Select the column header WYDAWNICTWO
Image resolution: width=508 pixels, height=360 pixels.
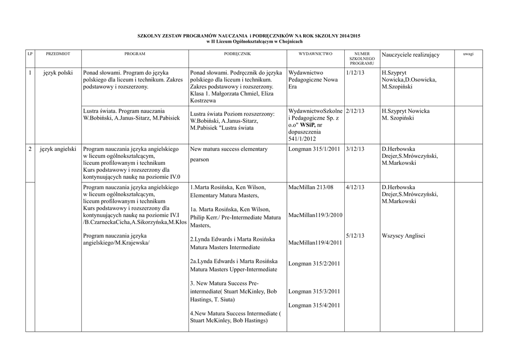tap(316, 53)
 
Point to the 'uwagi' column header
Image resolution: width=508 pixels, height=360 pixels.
tap(468, 53)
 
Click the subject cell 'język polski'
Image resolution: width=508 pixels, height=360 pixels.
tap(58, 73)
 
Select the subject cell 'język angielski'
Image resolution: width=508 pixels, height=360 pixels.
tap(58, 149)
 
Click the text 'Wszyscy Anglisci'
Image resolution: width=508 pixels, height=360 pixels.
tap(403, 235)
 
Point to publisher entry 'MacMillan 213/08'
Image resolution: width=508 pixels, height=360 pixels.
tap(311, 187)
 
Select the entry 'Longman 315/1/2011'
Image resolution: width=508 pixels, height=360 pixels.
tap(314, 149)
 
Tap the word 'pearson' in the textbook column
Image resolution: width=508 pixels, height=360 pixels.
tap(199, 160)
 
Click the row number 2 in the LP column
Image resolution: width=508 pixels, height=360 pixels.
tap(30, 149)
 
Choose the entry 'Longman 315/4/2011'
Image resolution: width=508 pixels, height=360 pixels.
tap(314, 305)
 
